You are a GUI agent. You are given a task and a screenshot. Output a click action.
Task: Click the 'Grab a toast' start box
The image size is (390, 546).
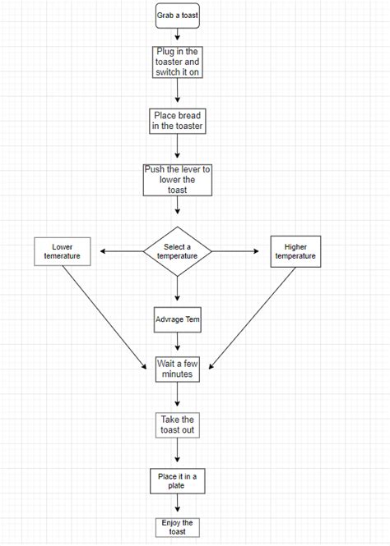coord(177,15)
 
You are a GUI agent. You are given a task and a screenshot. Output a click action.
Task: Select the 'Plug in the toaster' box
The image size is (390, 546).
coord(178,62)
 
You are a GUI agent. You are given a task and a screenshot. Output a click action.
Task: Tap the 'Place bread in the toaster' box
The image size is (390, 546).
coord(178,121)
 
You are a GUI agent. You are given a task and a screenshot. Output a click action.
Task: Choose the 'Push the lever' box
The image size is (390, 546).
coord(178,179)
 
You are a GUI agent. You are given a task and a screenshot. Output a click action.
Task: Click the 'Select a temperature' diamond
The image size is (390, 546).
coord(178,251)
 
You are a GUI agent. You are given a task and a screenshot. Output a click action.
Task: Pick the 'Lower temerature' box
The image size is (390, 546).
coord(62,251)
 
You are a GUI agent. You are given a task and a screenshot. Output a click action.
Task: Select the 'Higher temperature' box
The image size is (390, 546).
coord(295,251)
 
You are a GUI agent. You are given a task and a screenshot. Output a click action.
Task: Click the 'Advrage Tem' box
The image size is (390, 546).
coord(178,319)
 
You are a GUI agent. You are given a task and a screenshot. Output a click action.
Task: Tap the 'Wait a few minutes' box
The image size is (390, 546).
coord(177,369)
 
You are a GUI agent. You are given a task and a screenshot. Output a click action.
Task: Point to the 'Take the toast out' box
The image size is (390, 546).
coord(178,424)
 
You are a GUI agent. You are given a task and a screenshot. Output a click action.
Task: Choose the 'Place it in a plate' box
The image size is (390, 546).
coord(178,480)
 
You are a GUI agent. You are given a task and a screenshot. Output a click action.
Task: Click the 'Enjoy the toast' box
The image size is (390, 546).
coord(177,526)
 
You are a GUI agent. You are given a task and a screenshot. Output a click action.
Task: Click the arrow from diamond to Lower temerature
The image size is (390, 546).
coord(118,251)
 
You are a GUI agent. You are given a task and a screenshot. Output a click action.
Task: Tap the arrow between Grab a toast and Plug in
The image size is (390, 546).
coord(178,36)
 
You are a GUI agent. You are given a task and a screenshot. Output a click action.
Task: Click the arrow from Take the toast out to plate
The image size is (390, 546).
coord(178,452)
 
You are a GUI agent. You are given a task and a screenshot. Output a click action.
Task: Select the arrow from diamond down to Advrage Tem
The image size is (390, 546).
coord(178,289)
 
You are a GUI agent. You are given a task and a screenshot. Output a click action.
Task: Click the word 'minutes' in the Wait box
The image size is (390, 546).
coord(177,374)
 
